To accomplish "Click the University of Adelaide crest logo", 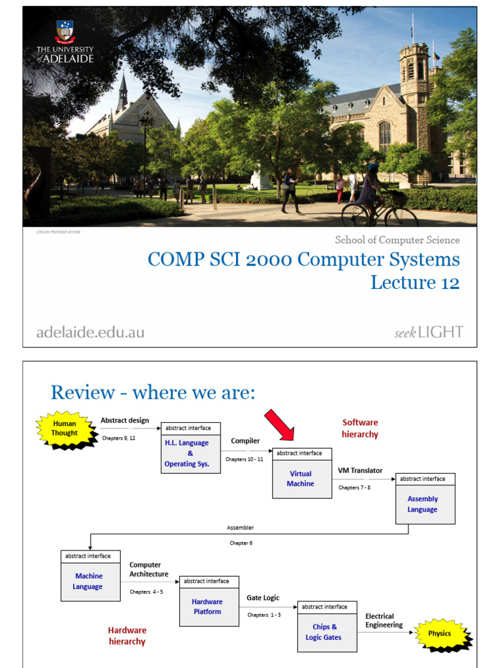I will [x=65, y=31].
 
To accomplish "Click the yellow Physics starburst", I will [x=440, y=633].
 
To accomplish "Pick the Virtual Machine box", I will [x=301, y=478].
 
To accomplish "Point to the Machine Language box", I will [x=90, y=580].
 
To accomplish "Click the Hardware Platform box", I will [x=209, y=605].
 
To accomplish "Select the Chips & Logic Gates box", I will [x=327, y=631].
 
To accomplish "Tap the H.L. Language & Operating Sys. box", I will [x=190, y=452].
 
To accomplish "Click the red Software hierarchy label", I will [x=360, y=428].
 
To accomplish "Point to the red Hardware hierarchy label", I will [x=127, y=635].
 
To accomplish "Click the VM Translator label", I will [x=360, y=470].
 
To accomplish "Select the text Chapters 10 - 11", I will [x=244, y=459].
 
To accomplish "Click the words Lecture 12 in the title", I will [x=415, y=282].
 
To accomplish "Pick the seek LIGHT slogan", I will [x=429, y=332].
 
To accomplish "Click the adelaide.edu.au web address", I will [x=90, y=332].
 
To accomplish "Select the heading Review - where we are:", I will [x=153, y=393].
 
